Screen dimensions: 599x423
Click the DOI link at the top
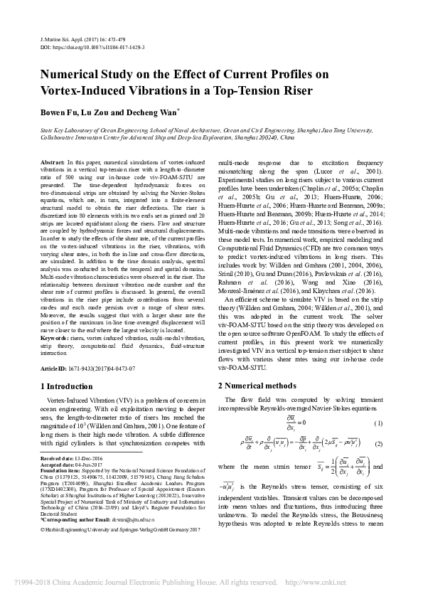[x=92, y=48]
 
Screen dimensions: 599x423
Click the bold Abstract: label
[x=54, y=164]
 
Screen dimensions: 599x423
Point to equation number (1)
[x=378, y=424]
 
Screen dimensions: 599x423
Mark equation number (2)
[x=378, y=444]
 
